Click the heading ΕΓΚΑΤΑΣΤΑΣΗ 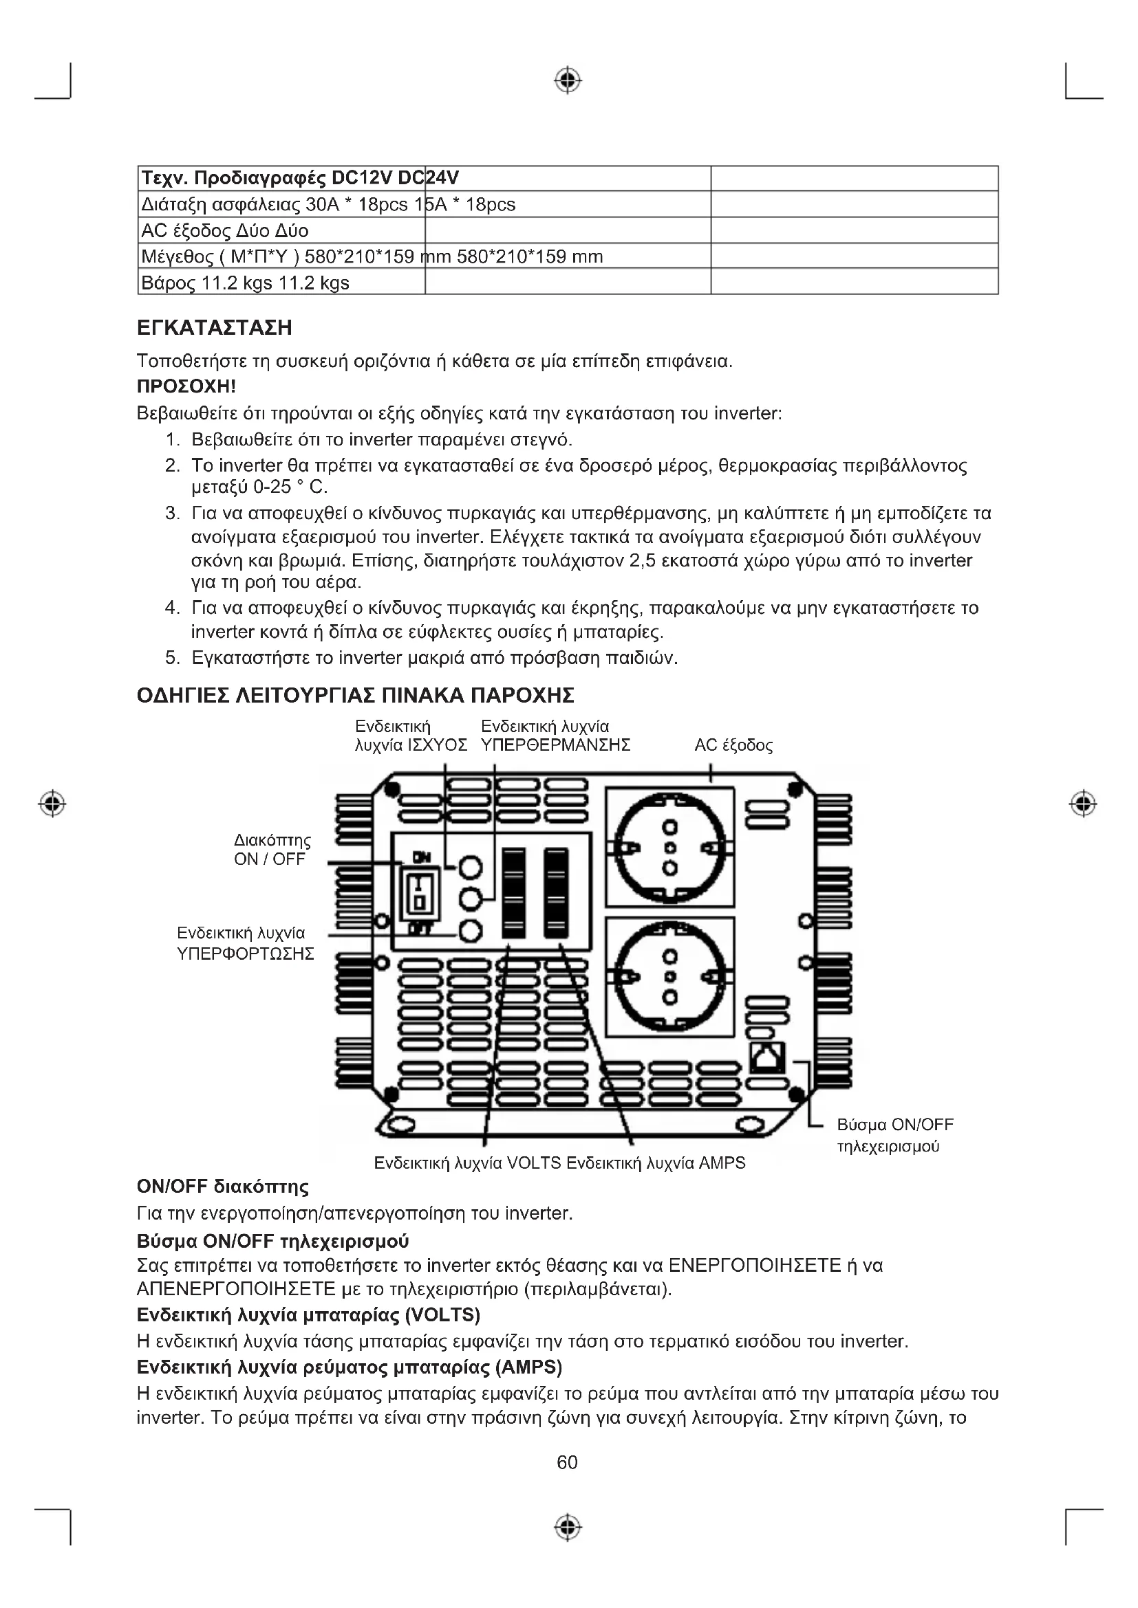click(x=215, y=328)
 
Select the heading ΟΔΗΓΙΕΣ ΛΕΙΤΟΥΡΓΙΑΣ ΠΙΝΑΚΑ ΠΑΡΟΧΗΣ click(x=355, y=696)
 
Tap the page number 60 click(x=567, y=1462)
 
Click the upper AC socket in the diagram click(x=670, y=848)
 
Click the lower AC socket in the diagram click(x=670, y=977)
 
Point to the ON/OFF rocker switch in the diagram click(x=419, y=893)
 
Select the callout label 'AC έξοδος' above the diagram click(x=733, y=745)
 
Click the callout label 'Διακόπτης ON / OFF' click(x=272, y=850)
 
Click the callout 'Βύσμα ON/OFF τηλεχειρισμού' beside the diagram click(x=895, y=1135)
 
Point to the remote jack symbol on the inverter click(x=767, y=1057)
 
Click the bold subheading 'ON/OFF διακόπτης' click(x=223, y=1187)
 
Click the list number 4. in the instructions click(x=173, y=608)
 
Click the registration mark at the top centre click(x=568, y=80)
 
